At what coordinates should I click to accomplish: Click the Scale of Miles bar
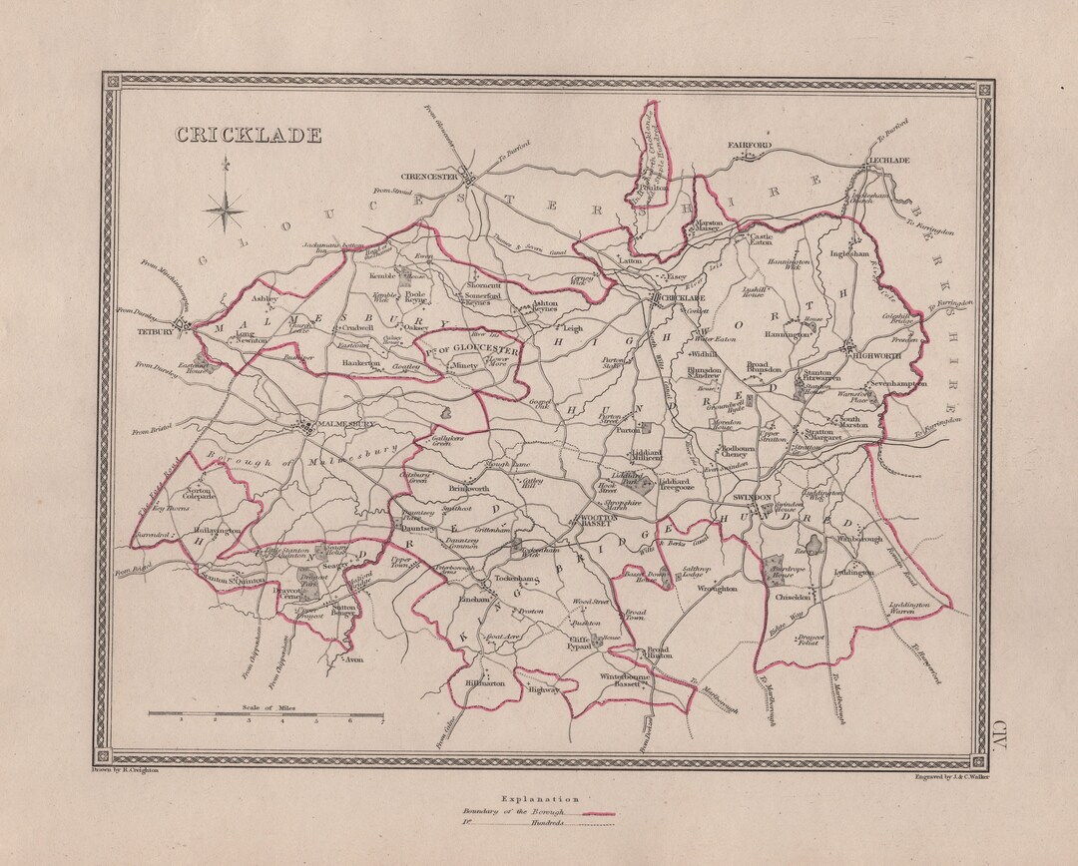tap(267, 714)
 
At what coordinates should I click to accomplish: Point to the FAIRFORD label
tap(750, 146)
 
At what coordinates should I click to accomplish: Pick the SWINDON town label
tap(752, 496)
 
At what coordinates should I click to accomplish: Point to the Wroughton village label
tap(716, 589)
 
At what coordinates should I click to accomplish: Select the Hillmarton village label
tap(485, 684)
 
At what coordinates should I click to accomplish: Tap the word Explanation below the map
tap(539, 799)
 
